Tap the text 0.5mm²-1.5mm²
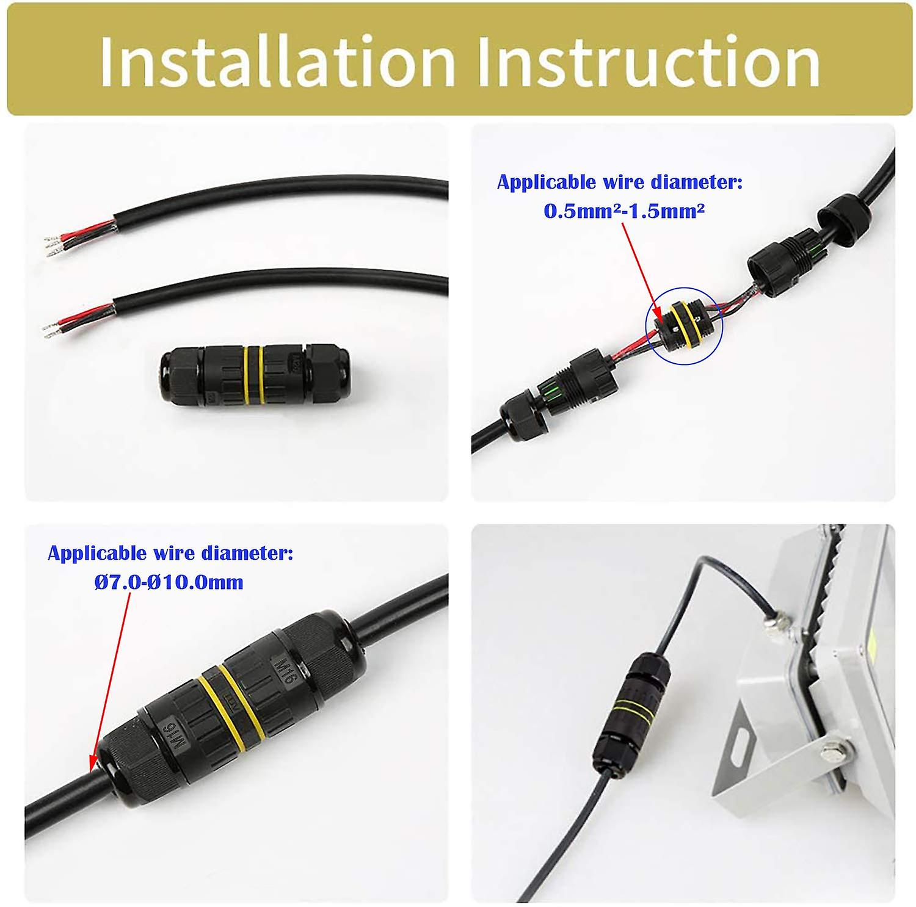tap(624, 211)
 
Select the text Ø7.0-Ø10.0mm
tap(169, 582)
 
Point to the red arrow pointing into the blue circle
tap(641, 269)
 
